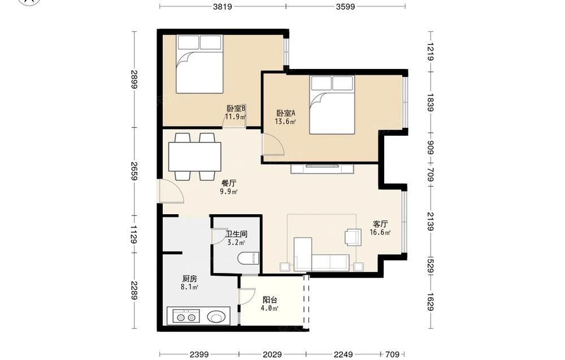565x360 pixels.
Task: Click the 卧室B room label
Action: point(236,108)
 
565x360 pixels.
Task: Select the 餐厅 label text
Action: point(229,183)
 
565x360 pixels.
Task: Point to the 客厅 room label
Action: point(380,224)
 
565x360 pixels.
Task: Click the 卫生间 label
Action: point(236,234)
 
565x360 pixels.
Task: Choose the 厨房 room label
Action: point(189,279)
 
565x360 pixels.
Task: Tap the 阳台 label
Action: point(270,300)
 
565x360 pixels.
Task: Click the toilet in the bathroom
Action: point(249,258)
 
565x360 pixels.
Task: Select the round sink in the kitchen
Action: point(216,317)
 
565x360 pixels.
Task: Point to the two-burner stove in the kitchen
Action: point(186,316)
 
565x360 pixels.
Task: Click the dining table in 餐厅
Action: point(194,157)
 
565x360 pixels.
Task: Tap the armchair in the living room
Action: point(353,237)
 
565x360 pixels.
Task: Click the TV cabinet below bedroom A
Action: point(322,169)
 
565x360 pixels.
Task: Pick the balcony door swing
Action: point(247,297)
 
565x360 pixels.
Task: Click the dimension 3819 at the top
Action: point(222,6)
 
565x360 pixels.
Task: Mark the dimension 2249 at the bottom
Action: point(343,354)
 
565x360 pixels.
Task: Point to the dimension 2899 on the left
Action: point(134,79)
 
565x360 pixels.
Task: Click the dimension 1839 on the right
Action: point(430,102)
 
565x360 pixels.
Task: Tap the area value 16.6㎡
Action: point(380,232)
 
